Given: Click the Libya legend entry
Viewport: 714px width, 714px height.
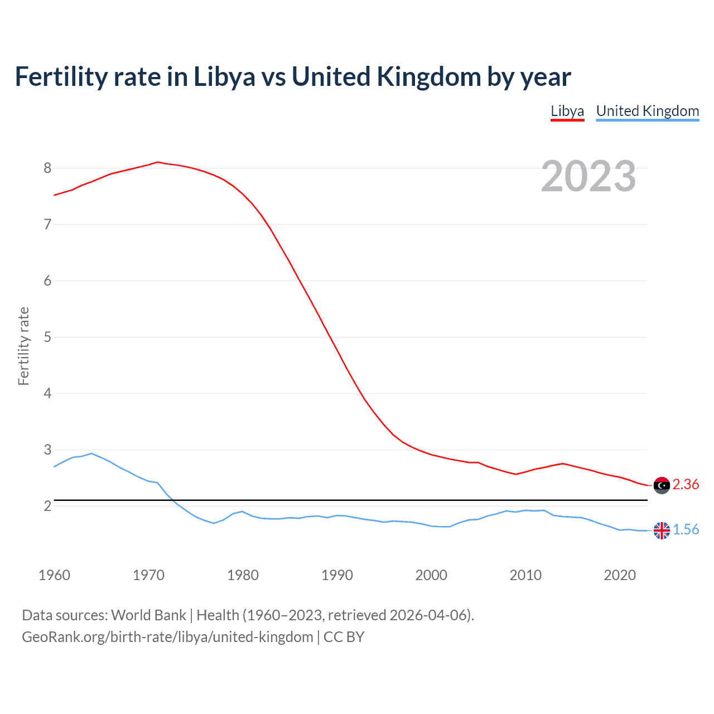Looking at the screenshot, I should tap(567, 111).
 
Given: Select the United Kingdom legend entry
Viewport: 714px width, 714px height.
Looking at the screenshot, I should tap(647, 111).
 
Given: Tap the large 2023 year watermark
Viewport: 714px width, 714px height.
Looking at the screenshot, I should tap(588, 176).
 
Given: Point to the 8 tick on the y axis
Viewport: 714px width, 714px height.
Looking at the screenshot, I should tap(47, 168).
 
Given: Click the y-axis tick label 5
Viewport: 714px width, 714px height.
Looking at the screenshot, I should tap(47, 337).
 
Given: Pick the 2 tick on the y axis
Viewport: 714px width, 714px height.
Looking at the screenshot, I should tap(47, 506).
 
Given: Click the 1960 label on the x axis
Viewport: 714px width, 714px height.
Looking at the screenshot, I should tap(54, 575).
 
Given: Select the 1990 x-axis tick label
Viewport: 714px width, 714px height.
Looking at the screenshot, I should tap(337, 575).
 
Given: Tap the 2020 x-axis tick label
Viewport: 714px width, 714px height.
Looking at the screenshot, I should tap(620, 575).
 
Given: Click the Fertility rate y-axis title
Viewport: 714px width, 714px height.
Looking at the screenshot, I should tap(23, 346).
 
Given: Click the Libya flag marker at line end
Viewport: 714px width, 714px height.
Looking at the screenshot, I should tap(662, 485).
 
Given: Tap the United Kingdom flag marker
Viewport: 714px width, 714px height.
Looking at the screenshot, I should tap(662, 530).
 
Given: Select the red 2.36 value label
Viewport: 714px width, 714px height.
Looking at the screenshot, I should tap(686, 484).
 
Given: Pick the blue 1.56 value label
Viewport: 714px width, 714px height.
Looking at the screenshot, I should tap(686, 529).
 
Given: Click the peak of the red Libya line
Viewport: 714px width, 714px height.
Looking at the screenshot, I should tap(157, 162).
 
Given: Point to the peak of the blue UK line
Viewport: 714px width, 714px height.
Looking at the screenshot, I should tap(91, 454).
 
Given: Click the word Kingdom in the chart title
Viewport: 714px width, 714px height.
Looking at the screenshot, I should tap(429, 77).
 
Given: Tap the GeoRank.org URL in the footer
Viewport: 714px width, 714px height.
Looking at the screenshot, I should tap(167, 637).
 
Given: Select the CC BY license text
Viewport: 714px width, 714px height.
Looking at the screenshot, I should tap(344, 637).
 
